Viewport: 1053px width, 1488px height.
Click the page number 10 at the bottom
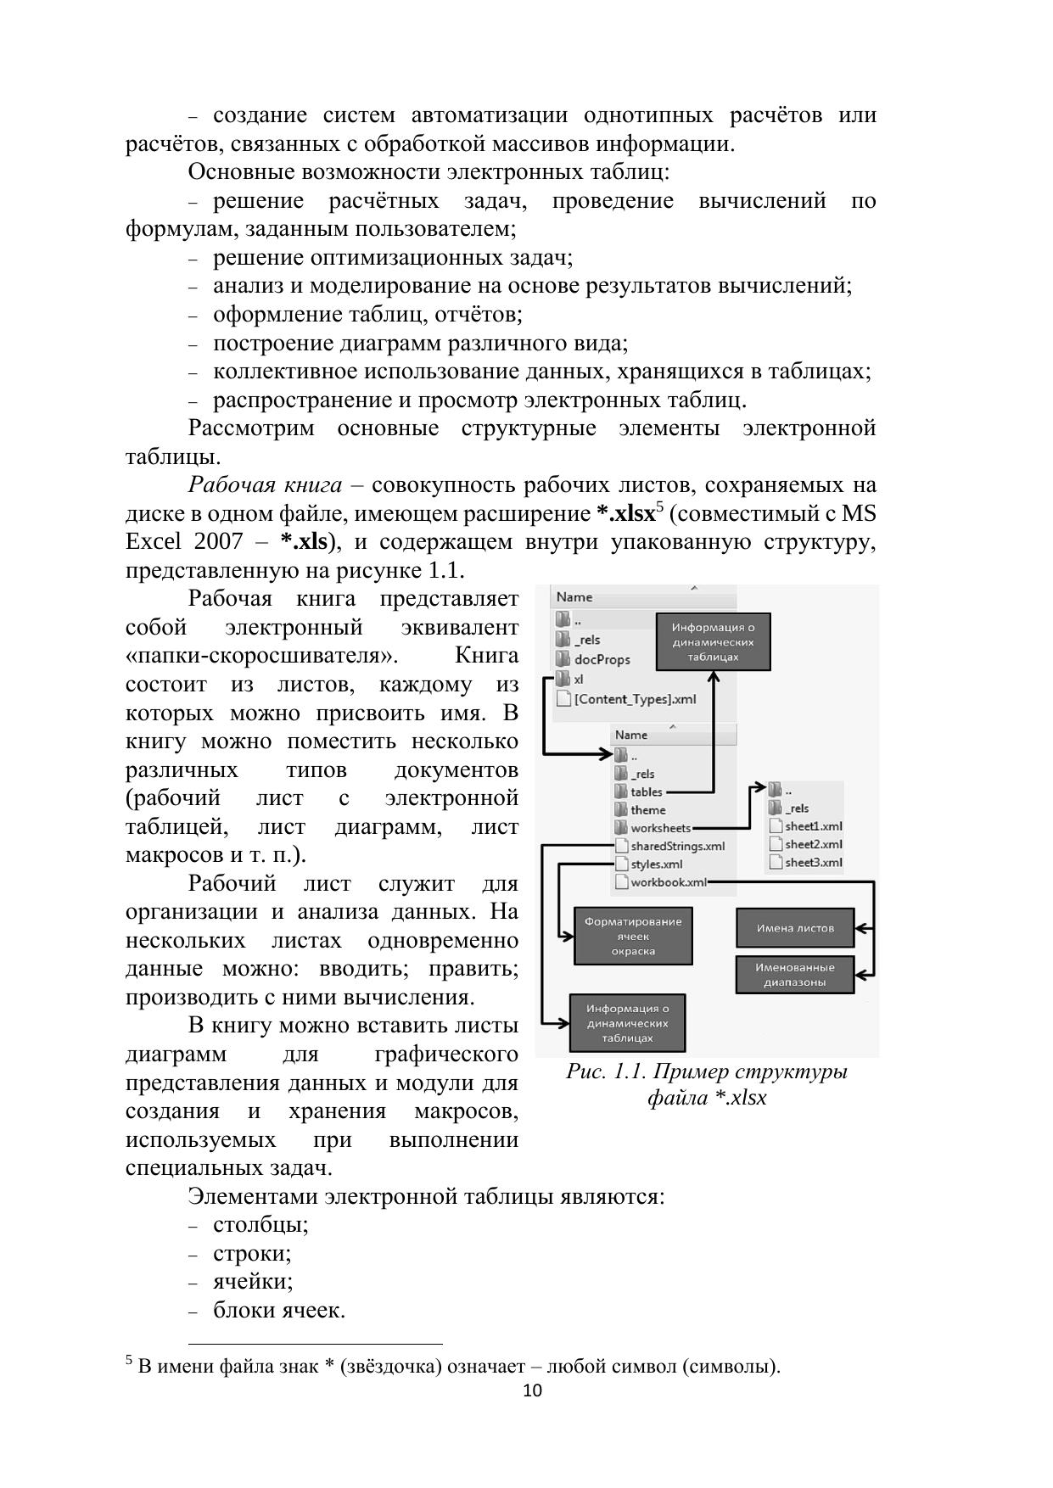click(532, 1390)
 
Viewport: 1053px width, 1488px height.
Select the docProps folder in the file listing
click(602, 659)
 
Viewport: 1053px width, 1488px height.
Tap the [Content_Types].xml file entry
click(635, 699)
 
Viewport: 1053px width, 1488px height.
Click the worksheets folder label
click(660, 828)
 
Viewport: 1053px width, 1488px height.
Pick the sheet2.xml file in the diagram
click(813, 844)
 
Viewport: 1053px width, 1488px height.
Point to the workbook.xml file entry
click(668, 882)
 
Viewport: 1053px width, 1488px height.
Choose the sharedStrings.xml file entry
click(677, 846)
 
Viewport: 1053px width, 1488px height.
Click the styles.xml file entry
click(656, 864)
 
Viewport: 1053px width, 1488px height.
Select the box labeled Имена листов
click(795, 928)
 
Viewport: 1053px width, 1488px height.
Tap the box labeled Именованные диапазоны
click(795, 975)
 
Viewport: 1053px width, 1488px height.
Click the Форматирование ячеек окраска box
click(633, 937)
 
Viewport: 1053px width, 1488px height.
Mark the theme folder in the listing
click(647, 810)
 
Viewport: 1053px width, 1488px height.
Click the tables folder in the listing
click(646, 792)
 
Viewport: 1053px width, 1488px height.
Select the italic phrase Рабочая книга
click(265, 485)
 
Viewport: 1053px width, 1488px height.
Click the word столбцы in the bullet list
click(260, 1225)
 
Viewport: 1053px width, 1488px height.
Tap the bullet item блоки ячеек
click(278, 1311)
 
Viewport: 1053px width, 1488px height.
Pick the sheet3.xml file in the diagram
click(813, 863)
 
